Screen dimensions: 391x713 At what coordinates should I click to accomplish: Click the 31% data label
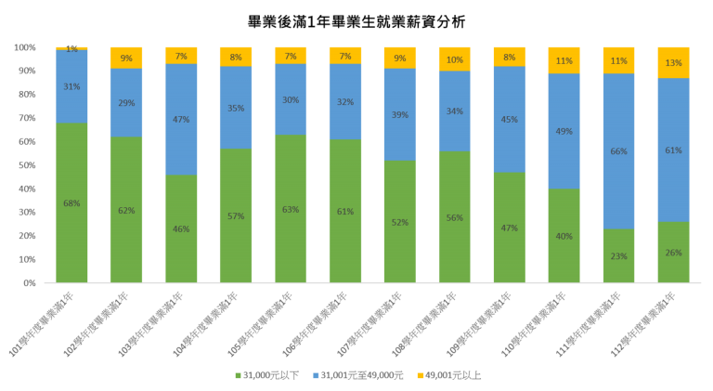click(x=71, y=87)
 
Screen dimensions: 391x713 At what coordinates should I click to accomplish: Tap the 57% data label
click(x=236, y=216)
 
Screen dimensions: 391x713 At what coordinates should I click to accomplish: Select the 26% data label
click(x=673, y=253)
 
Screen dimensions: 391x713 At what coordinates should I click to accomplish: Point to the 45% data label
click(x=509, y=120)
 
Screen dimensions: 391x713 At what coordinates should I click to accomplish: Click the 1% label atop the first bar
click(x=71, y=48)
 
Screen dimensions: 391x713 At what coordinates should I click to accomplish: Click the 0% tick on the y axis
click(x=29, y=282)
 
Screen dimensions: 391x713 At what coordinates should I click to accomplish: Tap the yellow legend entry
click(x=449, y=375)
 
